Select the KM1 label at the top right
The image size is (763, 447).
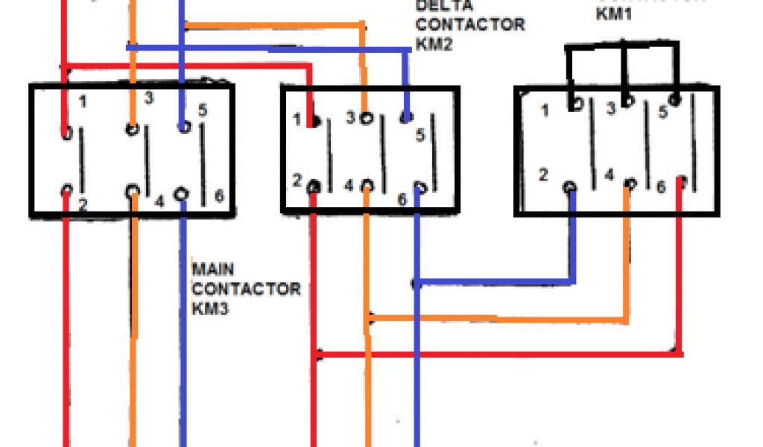pos(614,13)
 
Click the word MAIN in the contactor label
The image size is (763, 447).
pos(213,268)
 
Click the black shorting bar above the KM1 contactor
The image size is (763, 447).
pos(623,47)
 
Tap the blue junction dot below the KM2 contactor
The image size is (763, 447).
pos(417,283)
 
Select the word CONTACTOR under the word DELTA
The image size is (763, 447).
pos(469,25)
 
